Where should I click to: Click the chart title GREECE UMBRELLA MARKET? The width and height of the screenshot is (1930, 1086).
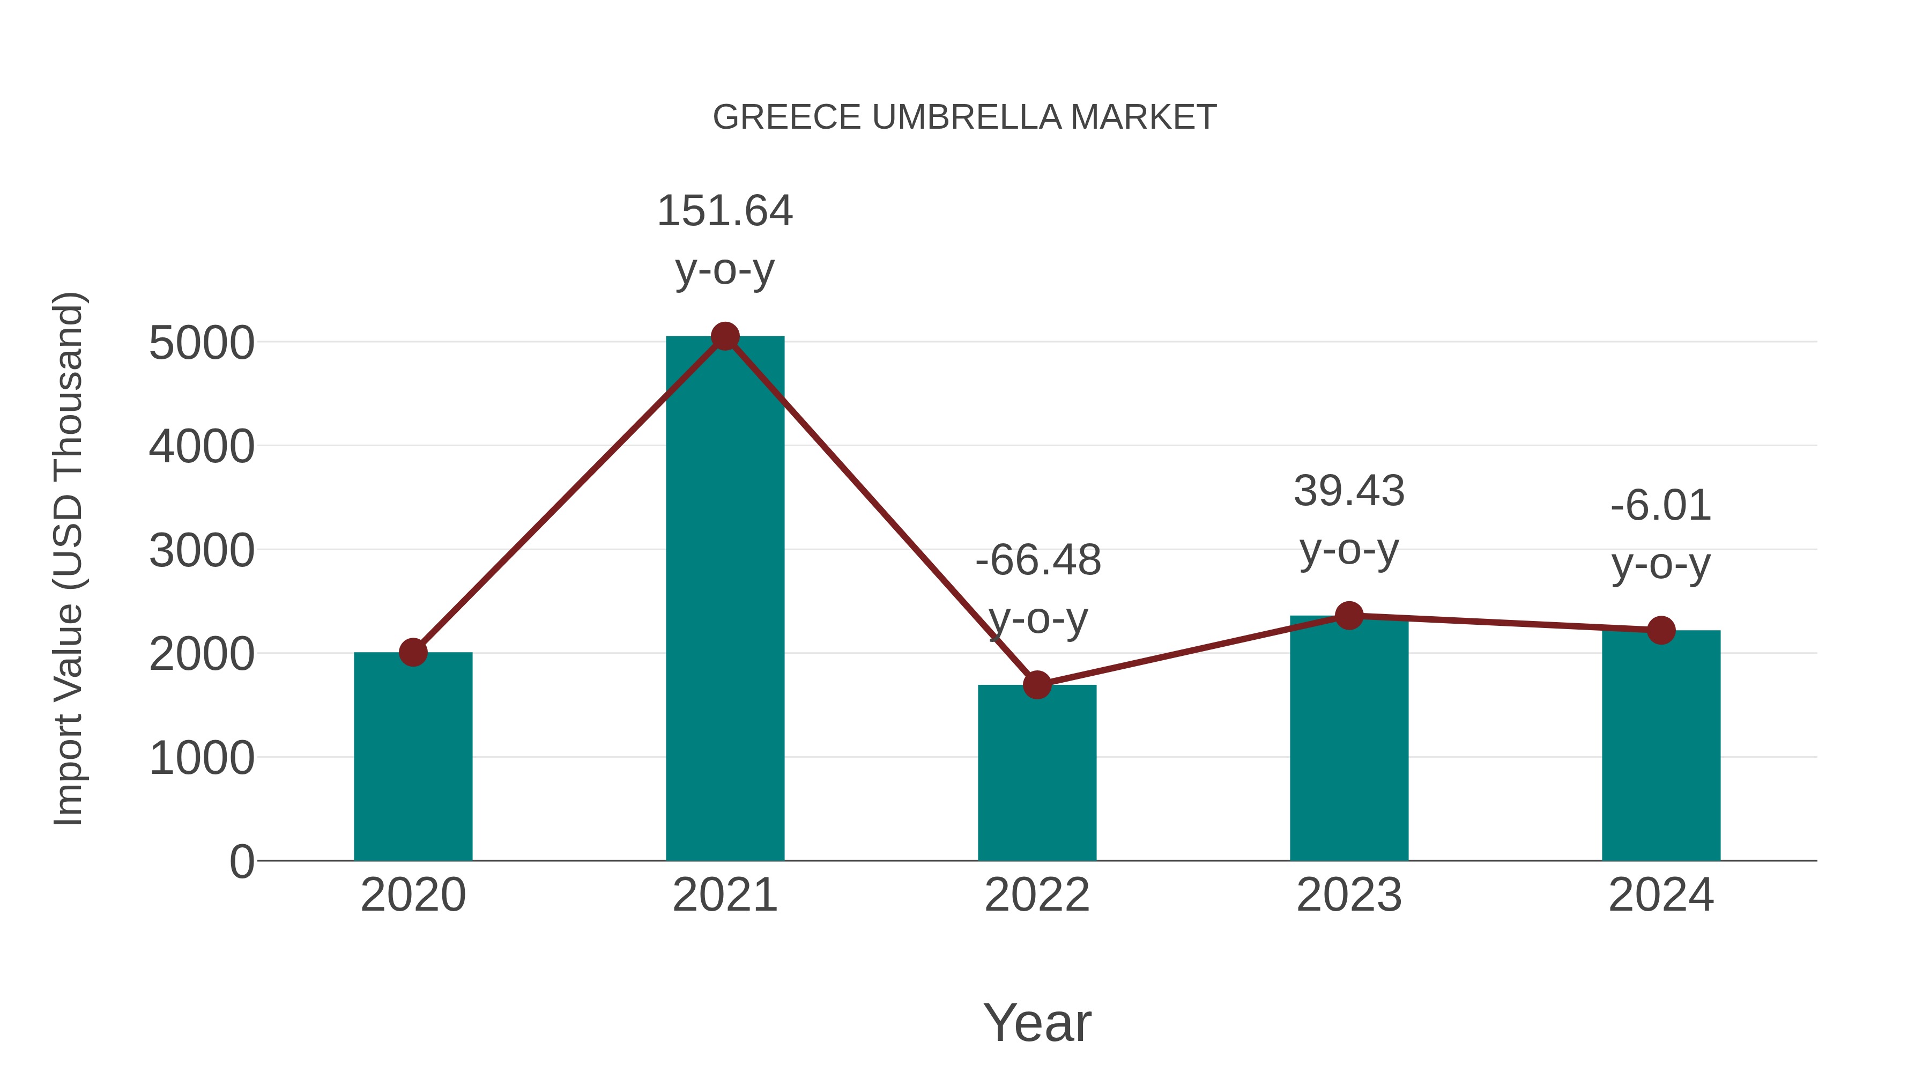[964, 117]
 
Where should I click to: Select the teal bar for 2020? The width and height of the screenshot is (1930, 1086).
[413, 757]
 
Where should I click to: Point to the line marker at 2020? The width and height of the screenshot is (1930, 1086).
[413, 652]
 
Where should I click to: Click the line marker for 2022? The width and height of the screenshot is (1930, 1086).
[1037, 684]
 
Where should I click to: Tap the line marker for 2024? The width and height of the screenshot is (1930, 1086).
[1661, 630]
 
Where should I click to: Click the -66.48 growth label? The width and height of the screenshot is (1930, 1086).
[1038, 560]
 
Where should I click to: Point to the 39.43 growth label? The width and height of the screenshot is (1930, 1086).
[1349, 492]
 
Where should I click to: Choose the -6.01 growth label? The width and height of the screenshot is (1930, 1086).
[1661, 506]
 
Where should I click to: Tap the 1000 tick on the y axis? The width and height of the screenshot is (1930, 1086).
[202, 758]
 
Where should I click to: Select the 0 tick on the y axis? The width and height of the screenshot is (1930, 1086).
[241, 862]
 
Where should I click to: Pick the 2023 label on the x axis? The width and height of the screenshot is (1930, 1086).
[1349, 895]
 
